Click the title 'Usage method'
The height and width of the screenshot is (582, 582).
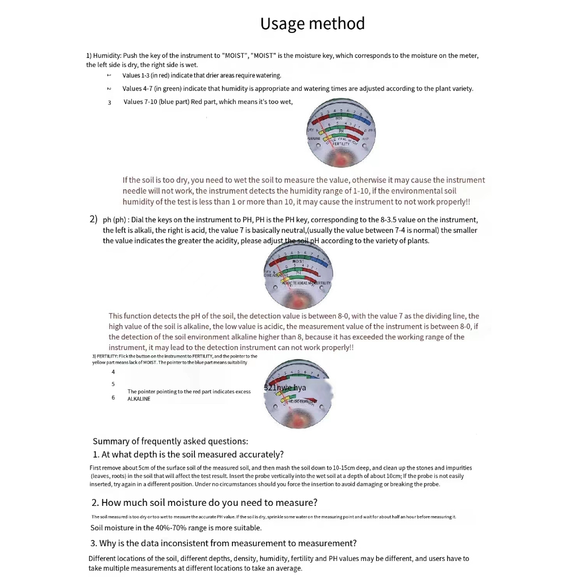[x=312, y=24]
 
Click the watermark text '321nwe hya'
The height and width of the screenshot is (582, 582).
[x=285, y=388]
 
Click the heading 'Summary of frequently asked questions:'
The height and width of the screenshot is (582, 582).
[x=170, y=441]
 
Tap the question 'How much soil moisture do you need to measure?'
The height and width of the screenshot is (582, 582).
[x=204, y=502]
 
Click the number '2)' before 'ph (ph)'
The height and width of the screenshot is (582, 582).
[x=94, y=219]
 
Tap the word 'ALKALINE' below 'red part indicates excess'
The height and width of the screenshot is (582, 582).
[x=139, y=399]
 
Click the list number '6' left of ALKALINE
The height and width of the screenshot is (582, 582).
[x=113, y=397]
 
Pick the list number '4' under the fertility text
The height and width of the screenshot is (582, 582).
[x=113, y=372]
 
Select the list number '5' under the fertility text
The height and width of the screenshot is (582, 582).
[x=113, y=384]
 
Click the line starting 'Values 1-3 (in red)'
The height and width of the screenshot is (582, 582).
[x=202, y=75]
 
